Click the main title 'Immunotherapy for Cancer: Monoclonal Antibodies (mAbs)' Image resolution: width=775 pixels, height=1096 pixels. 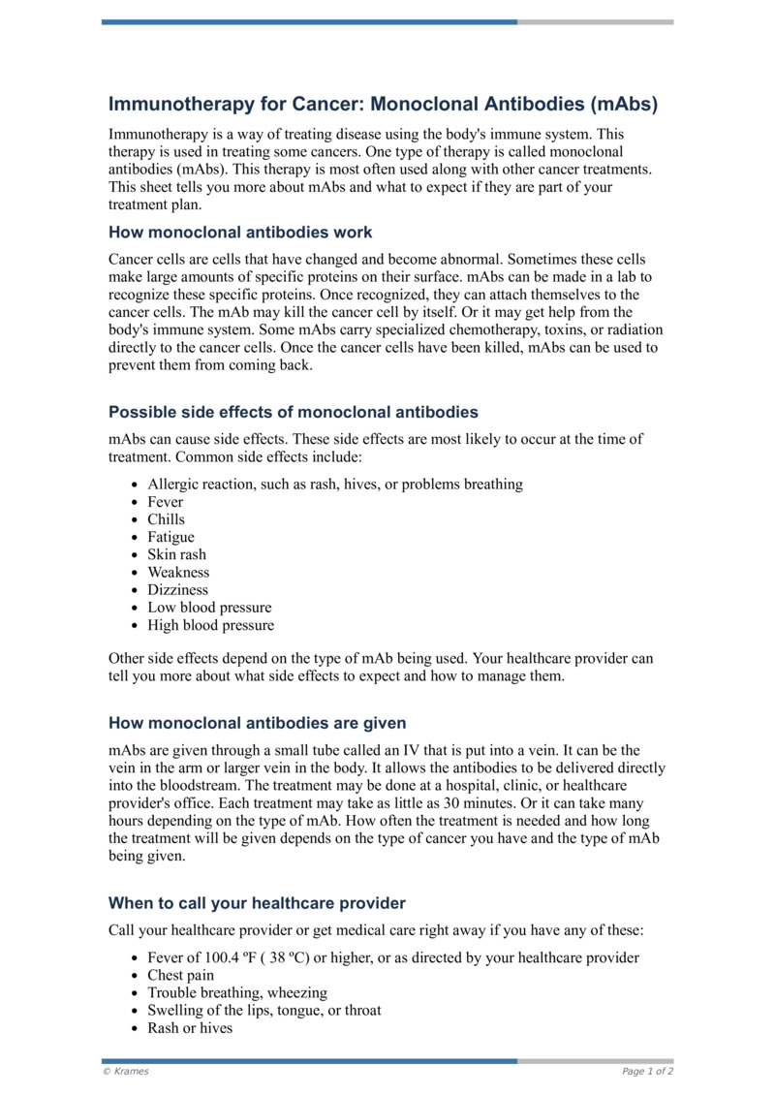pyautogui.click(x=383, y=104)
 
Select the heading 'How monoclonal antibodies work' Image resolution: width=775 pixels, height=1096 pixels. pyautogui.click(x=240, y=233)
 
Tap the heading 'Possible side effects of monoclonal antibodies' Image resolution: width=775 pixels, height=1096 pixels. pyautogui.click(x=293, y=412)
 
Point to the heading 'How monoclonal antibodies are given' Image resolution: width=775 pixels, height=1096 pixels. pyautogui.click(x=257, y=723)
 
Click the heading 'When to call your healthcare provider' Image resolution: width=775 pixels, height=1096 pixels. pyautogui.click(x=257, y=903)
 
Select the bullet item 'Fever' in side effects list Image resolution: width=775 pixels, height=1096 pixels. pyautogui.click(x=165, y=502)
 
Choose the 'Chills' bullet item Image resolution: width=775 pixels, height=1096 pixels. pyautogui.click(x=166, y=519)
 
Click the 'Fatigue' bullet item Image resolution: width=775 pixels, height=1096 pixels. pyautogui.click(x=170, y=537)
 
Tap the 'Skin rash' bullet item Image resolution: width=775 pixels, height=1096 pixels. pyautogui.click(x=176, y=554)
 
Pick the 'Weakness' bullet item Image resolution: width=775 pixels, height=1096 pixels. pyautogui.click(x=178, y=572)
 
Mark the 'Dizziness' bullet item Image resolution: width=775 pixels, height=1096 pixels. pyautogui.click(x=177, y=589)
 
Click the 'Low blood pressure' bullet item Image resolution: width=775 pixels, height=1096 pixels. pyautogui.click(x=209, y=608)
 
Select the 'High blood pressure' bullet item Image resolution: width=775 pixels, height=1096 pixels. pyautogui.click(x=210, y=625)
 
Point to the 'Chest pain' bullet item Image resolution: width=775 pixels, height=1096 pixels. pyautogui.click(x=180, y=975)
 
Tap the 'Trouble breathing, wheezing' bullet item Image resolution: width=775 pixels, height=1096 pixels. pyautogui.click(x=237, y=992)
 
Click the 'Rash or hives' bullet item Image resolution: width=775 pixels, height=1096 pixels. pyautogui.click(x=190, y=1027)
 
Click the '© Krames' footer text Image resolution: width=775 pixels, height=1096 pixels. pyautogui.click(x=126, y=1072)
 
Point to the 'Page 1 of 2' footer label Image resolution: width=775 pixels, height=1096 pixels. pyautogui.click(x=647, y=1072)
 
